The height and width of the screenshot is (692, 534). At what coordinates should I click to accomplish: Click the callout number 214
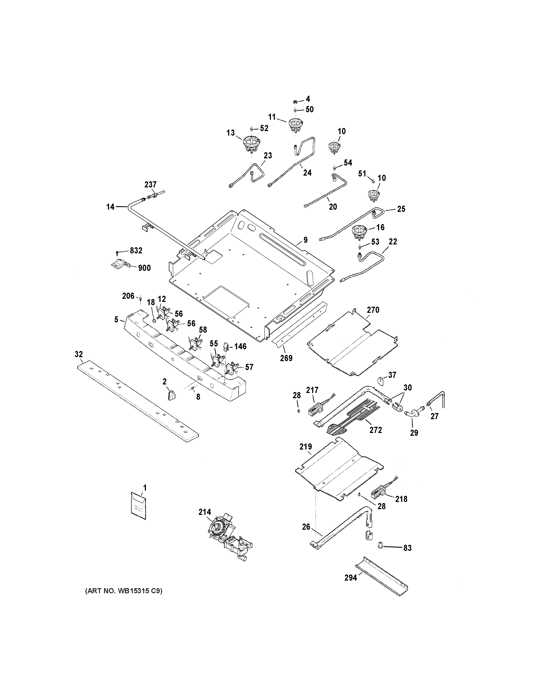tap(205, 512)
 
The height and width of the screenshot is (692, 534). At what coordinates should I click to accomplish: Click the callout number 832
tap(136, 251)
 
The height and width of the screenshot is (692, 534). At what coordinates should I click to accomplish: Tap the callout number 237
tap(151, 184)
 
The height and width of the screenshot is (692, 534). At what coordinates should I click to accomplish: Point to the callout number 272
tap(375, 430)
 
